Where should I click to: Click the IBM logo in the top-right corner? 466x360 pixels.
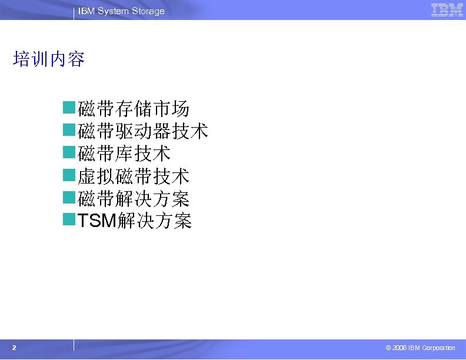(447, 10)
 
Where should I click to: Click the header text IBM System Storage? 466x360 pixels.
(121, 11)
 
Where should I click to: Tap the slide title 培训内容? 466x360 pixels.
(49, 59)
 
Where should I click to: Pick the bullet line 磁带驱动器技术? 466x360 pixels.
(143, 131)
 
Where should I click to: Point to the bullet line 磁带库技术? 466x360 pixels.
(124, 154)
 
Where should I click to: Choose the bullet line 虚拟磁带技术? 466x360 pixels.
(134, 176)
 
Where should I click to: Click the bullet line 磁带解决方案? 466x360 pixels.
(134, 199)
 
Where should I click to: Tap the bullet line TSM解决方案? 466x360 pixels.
(135, 221)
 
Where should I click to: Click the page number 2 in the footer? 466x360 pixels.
(14, 348)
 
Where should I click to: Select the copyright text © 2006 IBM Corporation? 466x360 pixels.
(420, 348)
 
